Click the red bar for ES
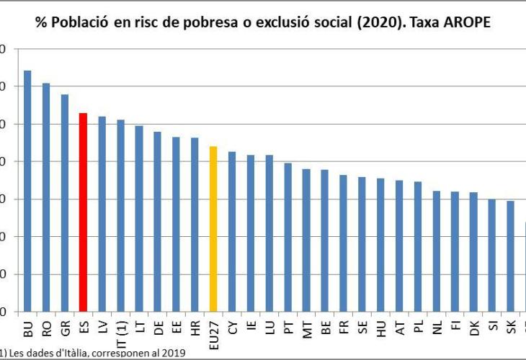(83, 212)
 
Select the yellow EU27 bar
(213, 228)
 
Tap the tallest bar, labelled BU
(27, 191)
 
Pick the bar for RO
(46, 197)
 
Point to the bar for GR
(65, 202)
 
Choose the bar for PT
(288, 237)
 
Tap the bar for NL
(436, 251)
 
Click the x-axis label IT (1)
(121, 333)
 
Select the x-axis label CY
(232, 328)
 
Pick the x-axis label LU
(269, 328)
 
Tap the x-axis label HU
(380, 328)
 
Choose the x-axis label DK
(473, 328)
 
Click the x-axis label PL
(418, 328)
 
